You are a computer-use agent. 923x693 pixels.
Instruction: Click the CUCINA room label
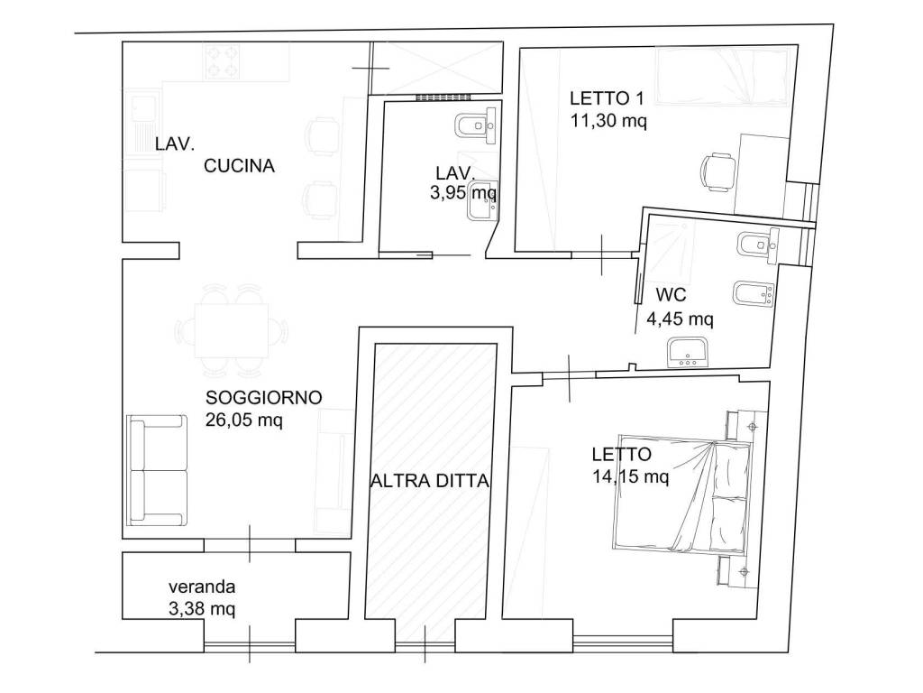239,166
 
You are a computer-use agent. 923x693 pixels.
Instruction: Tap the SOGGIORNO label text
264,397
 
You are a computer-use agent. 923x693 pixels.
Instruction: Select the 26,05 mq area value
244,420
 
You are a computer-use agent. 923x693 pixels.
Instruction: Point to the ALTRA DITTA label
430,481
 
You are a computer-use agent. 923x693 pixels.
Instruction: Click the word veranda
202,587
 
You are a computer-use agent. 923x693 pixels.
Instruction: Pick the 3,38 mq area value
202,607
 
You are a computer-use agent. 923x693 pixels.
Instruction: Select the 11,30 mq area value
608,120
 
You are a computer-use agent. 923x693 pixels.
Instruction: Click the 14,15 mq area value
630,476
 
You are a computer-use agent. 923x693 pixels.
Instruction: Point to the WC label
671,295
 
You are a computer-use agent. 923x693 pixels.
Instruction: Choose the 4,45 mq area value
680,319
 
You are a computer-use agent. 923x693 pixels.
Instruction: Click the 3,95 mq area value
463,192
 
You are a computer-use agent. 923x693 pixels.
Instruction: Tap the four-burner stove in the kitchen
222,62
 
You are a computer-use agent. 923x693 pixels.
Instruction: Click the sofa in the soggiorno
157,469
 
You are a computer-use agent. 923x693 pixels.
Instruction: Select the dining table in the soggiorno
232,330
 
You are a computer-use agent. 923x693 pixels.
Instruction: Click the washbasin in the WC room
689,351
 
